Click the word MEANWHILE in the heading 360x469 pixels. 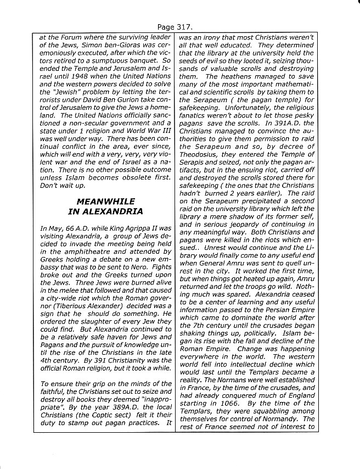click(105, 202)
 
